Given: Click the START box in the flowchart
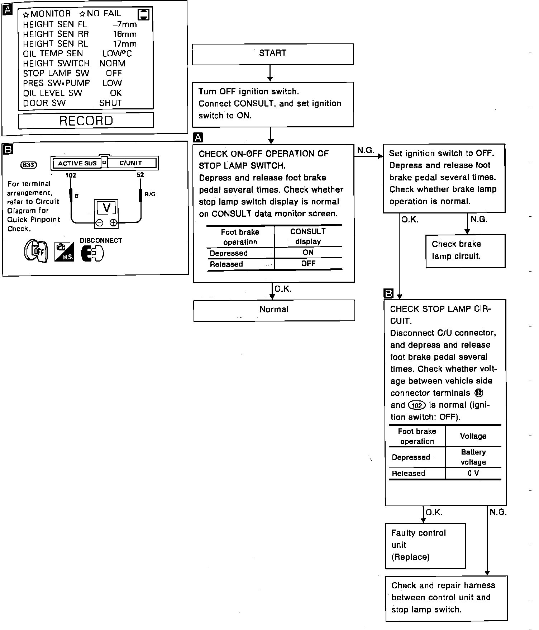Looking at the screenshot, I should pyautogui.click(x=273, y=54).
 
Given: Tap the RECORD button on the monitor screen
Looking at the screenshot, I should pyautogui.click(x=86, y=121).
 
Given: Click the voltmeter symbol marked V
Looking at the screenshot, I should pyautogui.click(x=106, y=208).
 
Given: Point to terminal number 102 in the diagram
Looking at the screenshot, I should pyautogui.click(x=71, y=175).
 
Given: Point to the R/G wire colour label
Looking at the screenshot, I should pyautogui.click(x=150, y=194).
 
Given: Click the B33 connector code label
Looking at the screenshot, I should pyautogui.click(x=29, y=165).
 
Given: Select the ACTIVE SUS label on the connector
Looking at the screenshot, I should pyautogui.click(x=77, y=164).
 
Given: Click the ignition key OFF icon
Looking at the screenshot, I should pyautogui.click(x=36, y=251).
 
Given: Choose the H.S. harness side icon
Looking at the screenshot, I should pyautogui.click(x=64, y=252).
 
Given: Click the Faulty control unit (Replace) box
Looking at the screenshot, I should pyautogui.click(x=425, y=546).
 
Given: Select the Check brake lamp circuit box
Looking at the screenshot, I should pyautogui.click(x=465, y=251).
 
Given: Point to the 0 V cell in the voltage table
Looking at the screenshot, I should pyautogui.click(x=473, y=473).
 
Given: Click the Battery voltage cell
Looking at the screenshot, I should pyautogui.click(x=473, y=457).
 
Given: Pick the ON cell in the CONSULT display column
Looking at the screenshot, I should pyautogui.click(x=308, y=253).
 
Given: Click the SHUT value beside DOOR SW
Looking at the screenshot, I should pyautogui.click(x=110, y=103).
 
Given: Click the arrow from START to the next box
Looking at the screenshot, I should pyautogui.click(x=270, y=74).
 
